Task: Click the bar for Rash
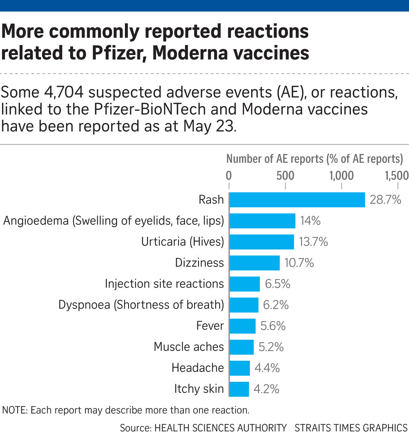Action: [x=297, y=200]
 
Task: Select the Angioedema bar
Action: [x=262, y=221]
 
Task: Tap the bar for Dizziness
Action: [x=254, y=263]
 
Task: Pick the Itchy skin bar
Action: [x=239, y=389]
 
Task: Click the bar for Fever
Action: [x=242, y=326]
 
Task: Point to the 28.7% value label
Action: [x=385, y=200]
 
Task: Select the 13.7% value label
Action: [x=313, y=242]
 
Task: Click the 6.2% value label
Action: [x=276, y=305]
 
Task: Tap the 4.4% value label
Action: [x=267, y=368]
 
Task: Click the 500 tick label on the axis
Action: [x=285, y=175]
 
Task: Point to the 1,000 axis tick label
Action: [x=341, y=175]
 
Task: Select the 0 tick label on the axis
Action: [x=229, y=175]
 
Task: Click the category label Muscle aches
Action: [x=189, y=347]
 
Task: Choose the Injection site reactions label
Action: [x=164, y=284]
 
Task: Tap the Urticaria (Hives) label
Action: [x=183, y=242]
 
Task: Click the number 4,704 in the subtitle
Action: [x=64, y=92]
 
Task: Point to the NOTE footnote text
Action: [x=126, y=410]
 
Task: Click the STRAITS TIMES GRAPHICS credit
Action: [x=351, y=427]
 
